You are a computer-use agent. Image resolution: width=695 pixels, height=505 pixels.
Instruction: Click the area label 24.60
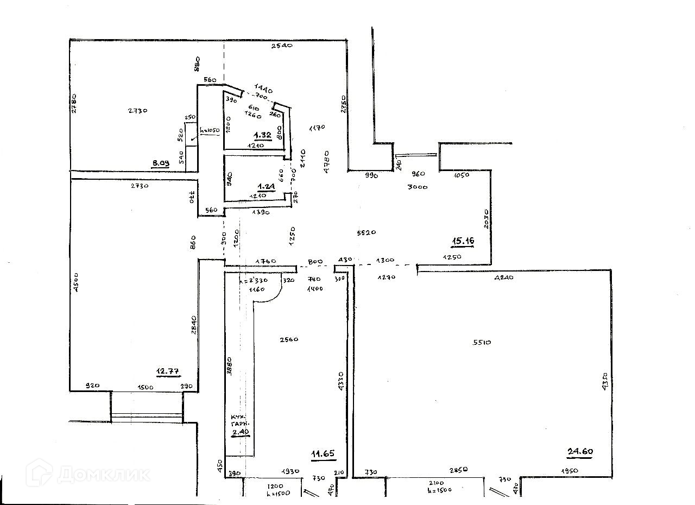579,450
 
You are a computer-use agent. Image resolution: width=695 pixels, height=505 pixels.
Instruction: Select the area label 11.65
323,454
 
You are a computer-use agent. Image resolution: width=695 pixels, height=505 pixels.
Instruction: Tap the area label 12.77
168,371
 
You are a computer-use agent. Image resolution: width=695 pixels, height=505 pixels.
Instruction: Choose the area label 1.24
267,186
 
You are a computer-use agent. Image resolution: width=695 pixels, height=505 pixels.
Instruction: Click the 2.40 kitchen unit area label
239,432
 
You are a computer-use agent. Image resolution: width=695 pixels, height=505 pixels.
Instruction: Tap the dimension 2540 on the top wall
282,46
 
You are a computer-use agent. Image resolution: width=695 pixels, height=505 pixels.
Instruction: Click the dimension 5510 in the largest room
482,342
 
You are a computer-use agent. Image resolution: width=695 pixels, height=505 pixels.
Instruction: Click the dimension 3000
418,187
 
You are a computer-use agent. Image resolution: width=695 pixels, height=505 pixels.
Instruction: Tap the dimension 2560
289,339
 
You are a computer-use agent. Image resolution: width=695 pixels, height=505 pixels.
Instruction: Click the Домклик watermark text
103,474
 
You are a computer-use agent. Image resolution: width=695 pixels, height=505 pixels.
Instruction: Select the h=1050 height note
208,130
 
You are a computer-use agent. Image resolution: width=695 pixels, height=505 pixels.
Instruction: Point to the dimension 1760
266,261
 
